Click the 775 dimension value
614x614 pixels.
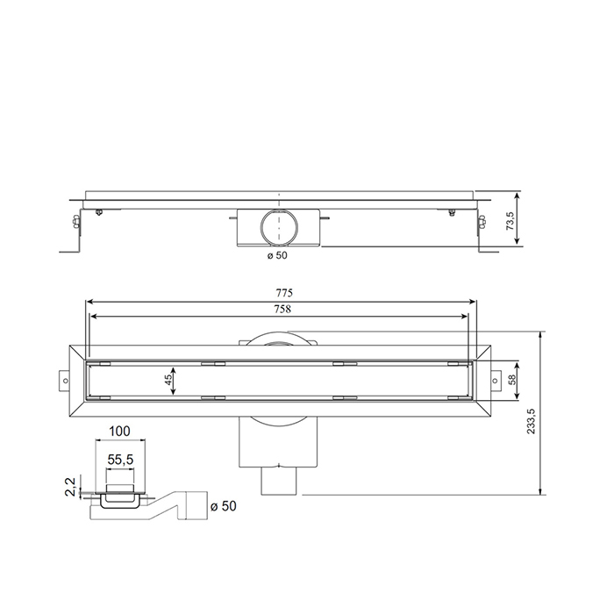[x=283, y=292]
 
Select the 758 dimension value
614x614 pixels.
[x=283, y=309]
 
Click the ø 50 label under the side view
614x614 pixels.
[x=276, y=255]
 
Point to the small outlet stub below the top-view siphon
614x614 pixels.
[x=281, y=481]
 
